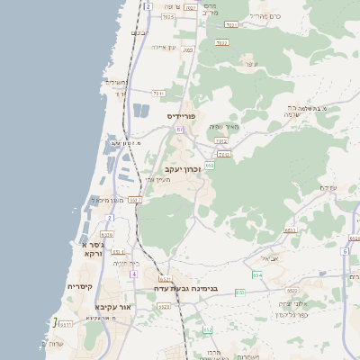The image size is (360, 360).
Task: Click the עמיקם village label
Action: coord(328,187)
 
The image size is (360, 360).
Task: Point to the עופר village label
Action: coord(251,64)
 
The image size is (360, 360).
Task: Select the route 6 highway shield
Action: coord(344,251)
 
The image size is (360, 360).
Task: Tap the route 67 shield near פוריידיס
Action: coord(179,130)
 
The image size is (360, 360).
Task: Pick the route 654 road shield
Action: coord(257,274)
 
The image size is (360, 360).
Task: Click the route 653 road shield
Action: coord(290,230)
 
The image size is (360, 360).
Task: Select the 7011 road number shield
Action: coord(158,93)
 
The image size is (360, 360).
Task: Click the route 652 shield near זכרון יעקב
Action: coord(210,166)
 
